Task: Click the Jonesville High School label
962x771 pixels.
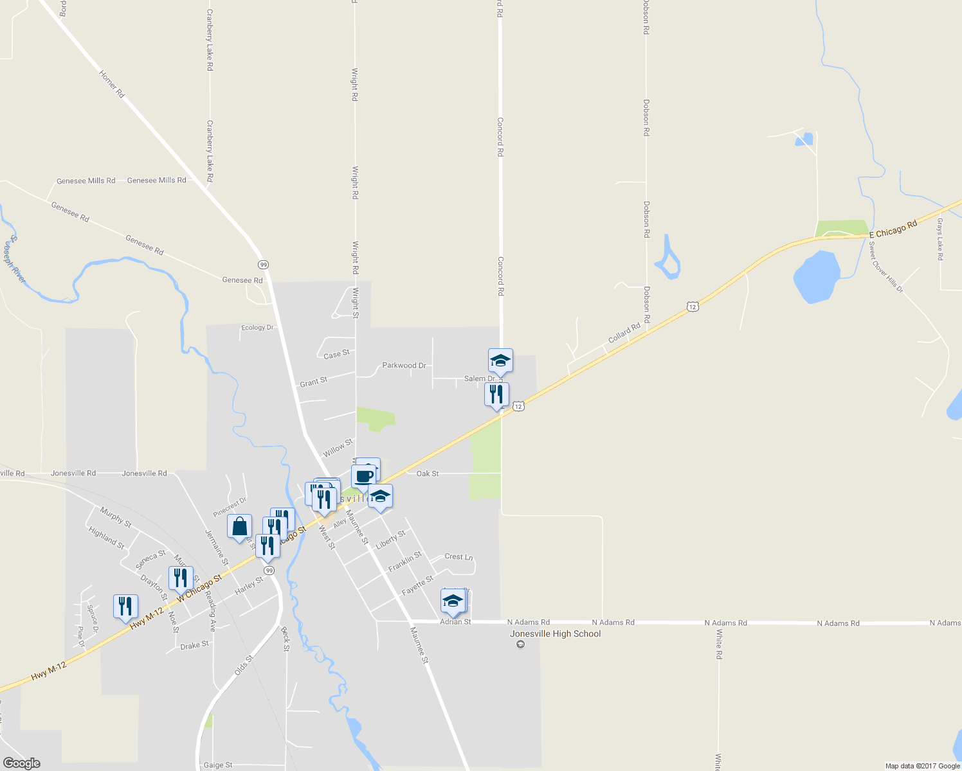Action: (555, 634)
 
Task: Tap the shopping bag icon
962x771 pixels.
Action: (239, 527)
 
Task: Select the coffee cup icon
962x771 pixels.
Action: (363, 477)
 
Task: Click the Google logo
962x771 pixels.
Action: (21, 763)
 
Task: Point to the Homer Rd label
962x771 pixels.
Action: (111, 84)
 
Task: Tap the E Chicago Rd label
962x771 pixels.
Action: (893, 230)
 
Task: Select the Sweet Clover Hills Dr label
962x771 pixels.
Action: (885, 267)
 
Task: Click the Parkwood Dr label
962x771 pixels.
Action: (404, 366)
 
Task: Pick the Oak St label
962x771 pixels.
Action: (428, 474)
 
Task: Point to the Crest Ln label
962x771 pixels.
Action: (458, 556)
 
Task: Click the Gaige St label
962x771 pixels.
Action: (218, 765)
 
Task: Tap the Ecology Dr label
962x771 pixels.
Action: (257, 328)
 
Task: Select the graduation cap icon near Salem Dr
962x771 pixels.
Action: (500, 361)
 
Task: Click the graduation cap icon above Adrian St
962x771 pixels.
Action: (453, 601)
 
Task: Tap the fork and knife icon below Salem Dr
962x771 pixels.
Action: (496, 394)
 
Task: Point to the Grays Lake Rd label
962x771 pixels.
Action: (939, 239)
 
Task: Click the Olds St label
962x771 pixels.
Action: (244, 664)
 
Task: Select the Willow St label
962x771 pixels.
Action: (338, 448)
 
